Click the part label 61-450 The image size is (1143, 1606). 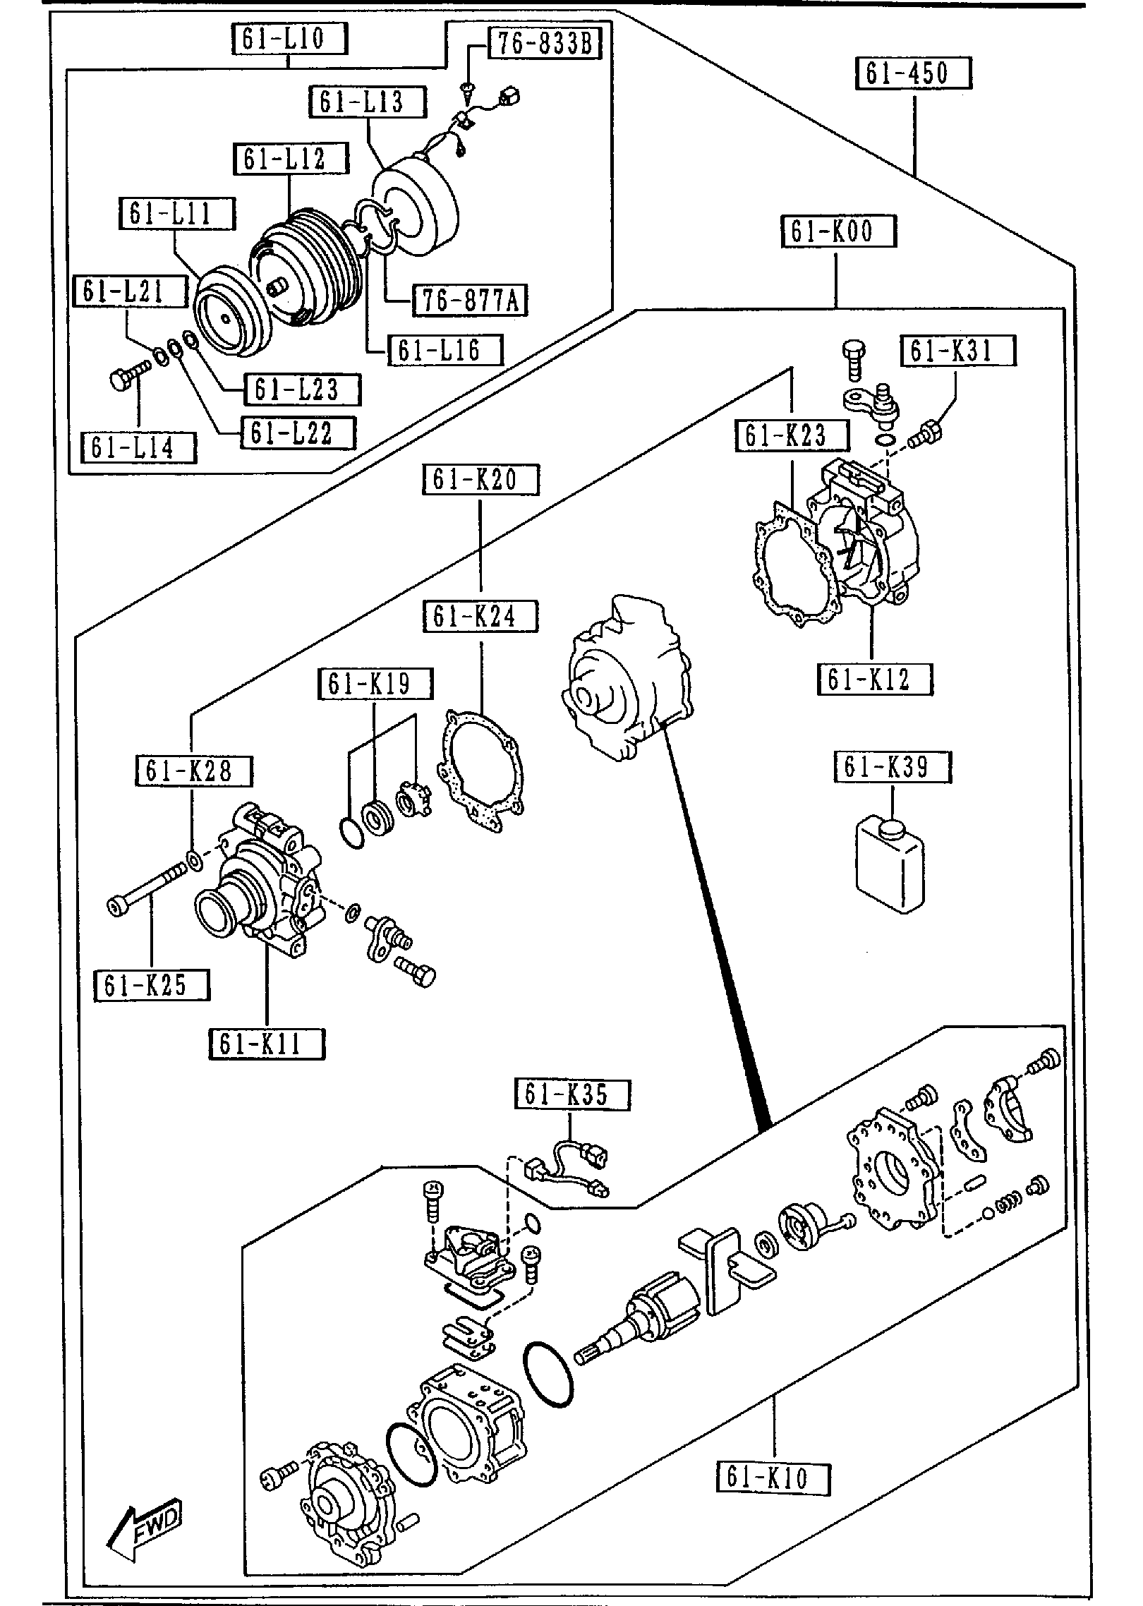[x=914, y=73]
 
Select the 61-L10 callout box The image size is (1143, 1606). [x=290, y=39]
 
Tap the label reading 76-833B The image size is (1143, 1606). [x=544, y=44]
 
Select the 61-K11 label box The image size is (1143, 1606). [x=267, y=1044]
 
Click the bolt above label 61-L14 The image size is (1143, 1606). [x=131, y=375]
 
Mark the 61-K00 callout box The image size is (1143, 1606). [x=838, y=231]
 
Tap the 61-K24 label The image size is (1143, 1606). [x=480, y=616]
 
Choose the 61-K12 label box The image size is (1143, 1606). [x=873, y=679]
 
